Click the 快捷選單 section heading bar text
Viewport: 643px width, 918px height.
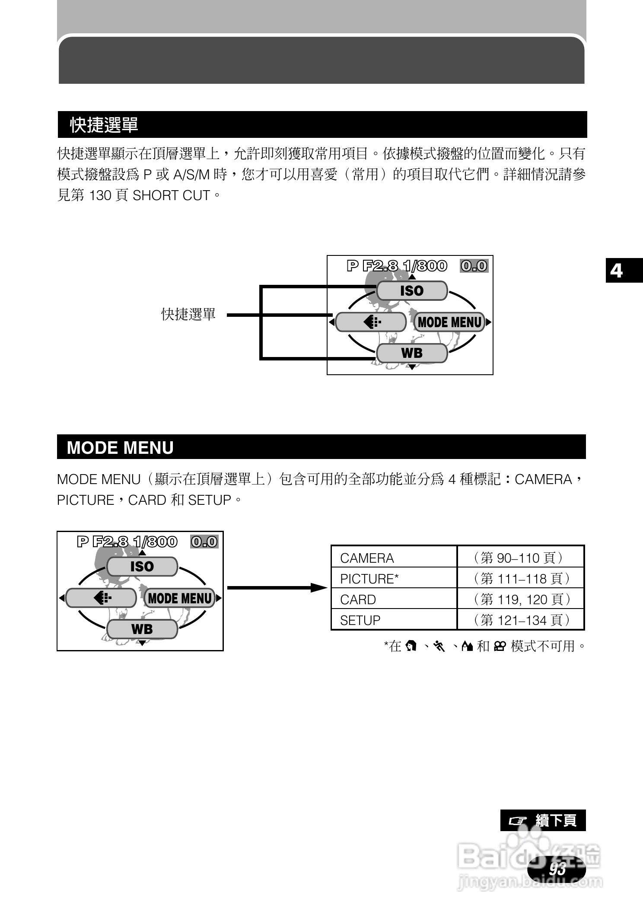point(104,125)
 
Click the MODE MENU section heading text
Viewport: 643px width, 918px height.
point(120,448)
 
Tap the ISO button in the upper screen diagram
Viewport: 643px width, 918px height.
point(412,291)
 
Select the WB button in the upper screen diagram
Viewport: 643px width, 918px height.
point(412,353)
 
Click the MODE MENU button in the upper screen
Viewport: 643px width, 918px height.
point(449,322)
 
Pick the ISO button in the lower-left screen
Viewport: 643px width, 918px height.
point(142,567)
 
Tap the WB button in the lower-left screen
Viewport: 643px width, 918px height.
point(142,629)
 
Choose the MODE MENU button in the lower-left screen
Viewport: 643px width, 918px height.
point(180,598)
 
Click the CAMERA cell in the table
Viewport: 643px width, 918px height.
point(367,558)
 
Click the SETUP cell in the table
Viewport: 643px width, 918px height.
point(360,620)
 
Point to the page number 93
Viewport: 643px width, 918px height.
point(557,868)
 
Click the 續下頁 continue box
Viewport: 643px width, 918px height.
point(543,820)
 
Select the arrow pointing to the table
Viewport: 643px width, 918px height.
point(277,588)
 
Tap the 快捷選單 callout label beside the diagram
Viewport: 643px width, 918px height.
point(188,315)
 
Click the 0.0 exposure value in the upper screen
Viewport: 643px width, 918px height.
point(474,266)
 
